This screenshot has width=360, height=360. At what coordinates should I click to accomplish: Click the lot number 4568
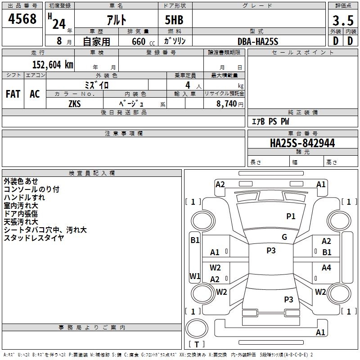[x=22, y=19]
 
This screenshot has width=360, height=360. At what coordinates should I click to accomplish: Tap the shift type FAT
[x=13, y=94]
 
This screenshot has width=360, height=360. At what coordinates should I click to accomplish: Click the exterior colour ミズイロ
[x=97, y=85]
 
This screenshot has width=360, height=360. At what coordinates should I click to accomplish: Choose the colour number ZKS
[x=75, y=103]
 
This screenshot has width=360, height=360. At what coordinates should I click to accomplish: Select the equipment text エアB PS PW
[x=270, y=121]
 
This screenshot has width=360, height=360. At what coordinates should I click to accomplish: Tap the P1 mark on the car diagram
[x=291, y=216]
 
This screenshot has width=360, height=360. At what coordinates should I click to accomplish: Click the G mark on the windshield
[x=284, y=237]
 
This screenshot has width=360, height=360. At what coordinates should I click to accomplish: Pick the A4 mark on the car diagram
[x=326, y=268]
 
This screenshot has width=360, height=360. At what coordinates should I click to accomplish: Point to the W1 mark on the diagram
[x=194, y=276]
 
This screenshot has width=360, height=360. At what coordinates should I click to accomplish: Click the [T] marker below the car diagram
[x=196, y=345]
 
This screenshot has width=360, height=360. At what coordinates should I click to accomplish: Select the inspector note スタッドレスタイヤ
[x=34, y=238]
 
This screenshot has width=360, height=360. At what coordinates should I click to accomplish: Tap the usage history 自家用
[x=96, y=41]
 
